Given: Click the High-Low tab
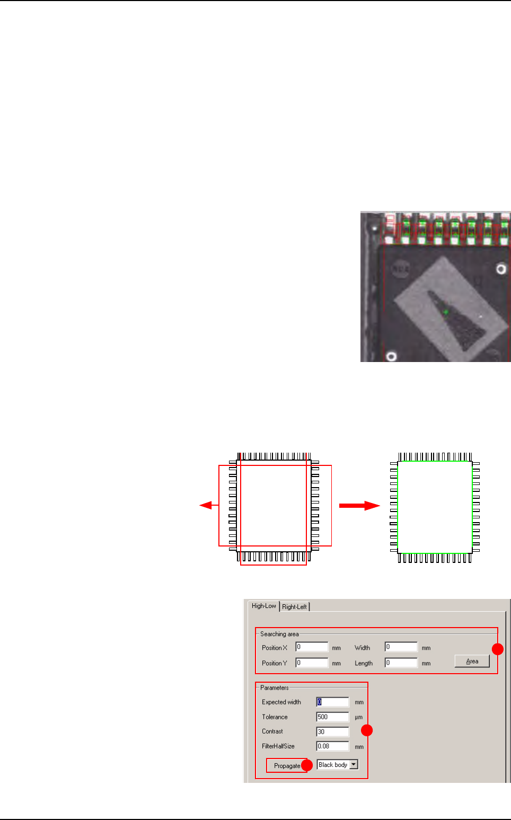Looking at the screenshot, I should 263,606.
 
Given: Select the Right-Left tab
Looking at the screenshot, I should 294,607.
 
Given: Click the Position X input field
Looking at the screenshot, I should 312,647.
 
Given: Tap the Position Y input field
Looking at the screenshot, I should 312,663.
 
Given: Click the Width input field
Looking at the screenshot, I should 401,647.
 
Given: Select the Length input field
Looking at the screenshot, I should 401,663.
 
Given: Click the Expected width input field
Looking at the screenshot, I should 332,702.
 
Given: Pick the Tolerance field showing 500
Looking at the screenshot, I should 332,717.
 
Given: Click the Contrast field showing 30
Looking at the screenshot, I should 332,731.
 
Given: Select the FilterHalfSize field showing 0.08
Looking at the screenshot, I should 332,746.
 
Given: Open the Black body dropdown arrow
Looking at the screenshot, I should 354,765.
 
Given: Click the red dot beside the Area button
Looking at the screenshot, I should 498,649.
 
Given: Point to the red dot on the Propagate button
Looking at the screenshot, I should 306,766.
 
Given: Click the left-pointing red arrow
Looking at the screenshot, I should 208,505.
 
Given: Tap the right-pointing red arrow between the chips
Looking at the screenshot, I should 360,506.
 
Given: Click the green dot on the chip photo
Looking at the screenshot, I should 446,312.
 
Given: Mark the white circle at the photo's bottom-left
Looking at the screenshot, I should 391,356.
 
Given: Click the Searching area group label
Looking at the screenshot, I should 279,634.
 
